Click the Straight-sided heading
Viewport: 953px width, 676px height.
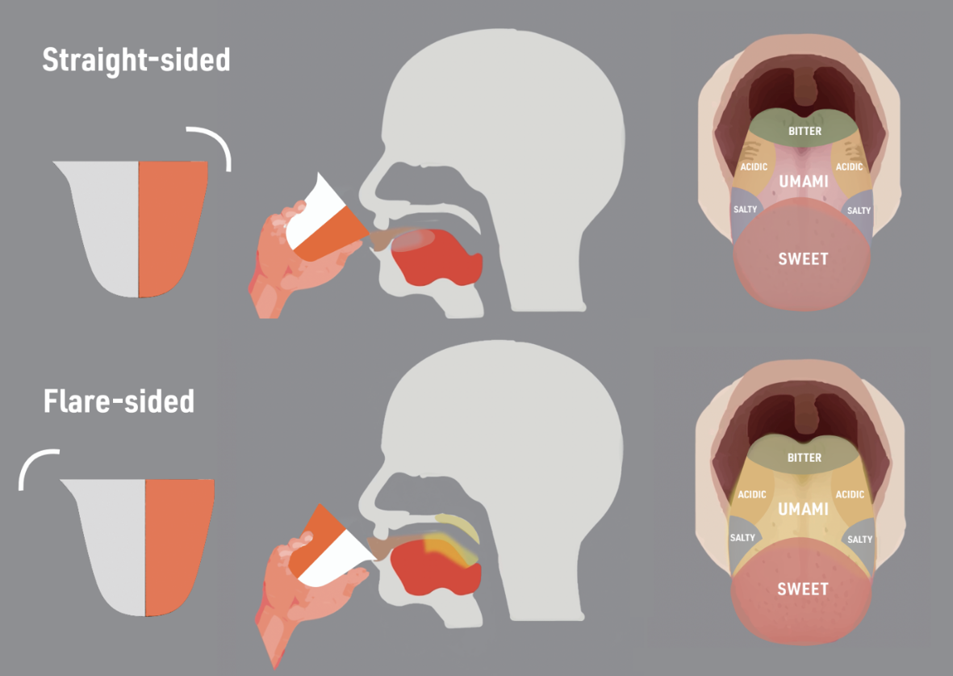pos(136,61)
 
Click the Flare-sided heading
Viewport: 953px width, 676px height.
pos(119,401)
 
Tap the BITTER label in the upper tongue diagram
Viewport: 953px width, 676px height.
pos(805,131)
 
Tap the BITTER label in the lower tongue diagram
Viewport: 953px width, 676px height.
pos(804,458)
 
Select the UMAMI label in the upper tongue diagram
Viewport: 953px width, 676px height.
pos(804,182)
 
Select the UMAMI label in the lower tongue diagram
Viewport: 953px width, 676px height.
pos(803,509)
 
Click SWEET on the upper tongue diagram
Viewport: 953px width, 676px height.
pos(803,259)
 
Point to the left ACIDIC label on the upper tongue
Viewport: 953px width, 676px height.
pos(754,166)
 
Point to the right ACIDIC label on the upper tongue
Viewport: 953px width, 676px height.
pos(850,166)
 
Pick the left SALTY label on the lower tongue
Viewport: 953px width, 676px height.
pos(742,538)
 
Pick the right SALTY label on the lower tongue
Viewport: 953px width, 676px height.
pos(860,539)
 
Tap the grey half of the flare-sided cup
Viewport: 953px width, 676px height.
pos(109,541)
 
